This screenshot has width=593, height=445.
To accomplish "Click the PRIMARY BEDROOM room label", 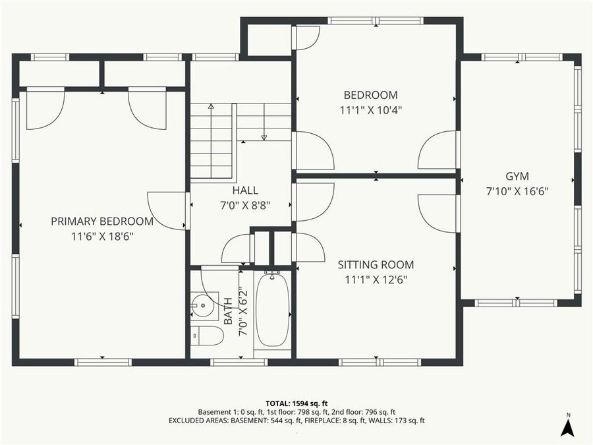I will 102,221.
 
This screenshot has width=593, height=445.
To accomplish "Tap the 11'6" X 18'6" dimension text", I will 102,236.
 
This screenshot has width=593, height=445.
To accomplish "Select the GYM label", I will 517,176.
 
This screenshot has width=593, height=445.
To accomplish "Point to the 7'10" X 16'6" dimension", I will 517,191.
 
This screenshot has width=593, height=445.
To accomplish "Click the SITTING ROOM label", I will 376,265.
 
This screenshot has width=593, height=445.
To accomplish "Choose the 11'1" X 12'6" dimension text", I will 376,280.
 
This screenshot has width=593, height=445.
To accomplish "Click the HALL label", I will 240,190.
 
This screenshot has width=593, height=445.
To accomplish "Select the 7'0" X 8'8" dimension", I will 240,206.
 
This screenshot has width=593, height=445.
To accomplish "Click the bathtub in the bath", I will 272,310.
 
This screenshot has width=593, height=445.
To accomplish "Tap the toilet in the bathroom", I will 206,334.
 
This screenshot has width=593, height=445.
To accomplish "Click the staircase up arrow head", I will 211,105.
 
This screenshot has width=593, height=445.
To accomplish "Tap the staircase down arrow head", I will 264,137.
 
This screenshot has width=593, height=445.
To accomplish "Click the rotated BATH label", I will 228,310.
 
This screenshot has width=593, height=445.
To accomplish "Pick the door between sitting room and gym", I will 438,213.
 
